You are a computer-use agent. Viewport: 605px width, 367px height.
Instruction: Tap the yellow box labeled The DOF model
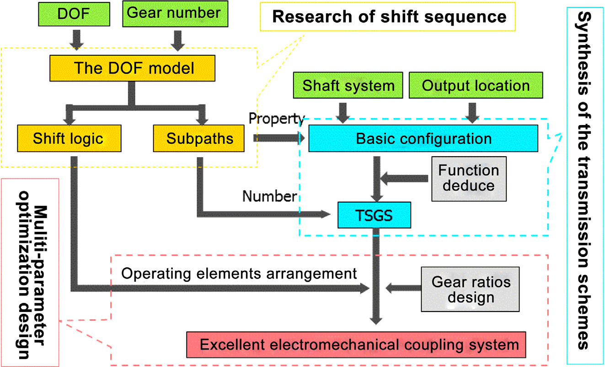134,68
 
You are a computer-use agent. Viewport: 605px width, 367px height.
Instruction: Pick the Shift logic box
68,138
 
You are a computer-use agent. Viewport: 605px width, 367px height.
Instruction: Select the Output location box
476,86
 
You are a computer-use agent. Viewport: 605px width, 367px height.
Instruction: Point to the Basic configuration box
424,138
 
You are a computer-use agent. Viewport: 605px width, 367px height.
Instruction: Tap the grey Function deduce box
469,178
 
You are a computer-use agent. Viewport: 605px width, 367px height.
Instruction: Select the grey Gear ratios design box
471,289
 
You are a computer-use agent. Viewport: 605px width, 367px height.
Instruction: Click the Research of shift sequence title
389,17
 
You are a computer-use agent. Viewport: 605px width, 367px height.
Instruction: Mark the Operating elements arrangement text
239,274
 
